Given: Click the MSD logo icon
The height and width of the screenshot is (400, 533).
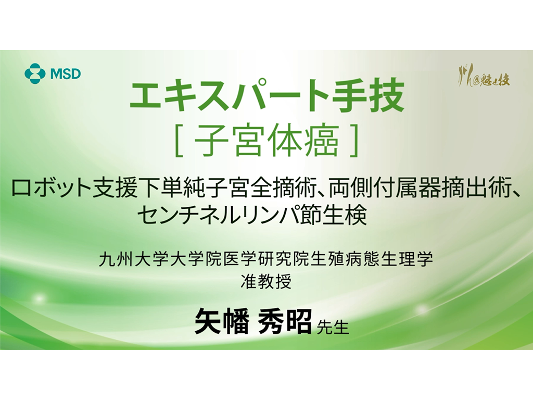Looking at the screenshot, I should coord(35,73).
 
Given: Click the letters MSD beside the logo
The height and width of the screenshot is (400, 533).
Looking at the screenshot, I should coord(66,73).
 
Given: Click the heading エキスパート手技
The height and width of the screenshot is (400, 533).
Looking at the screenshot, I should coord(266,97).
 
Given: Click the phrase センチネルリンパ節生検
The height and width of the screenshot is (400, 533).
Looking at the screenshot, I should coord(252,215).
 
